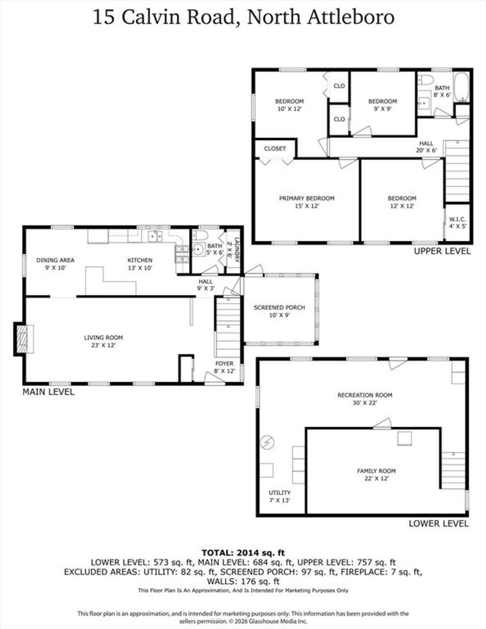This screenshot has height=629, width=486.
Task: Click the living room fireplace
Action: (x=22, y=339)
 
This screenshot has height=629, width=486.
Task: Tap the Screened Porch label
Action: (x=279, y=311)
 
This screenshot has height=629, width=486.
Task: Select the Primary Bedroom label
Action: (x=307, y=202)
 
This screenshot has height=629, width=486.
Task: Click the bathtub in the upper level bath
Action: (x=461, y=87)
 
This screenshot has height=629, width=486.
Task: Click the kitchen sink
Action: (x=155, y=236)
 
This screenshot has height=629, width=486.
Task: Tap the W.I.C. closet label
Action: (x=458, y=223)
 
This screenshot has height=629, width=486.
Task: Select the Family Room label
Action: (x=376, y=475)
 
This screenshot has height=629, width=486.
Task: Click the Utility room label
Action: (x=280, y=496)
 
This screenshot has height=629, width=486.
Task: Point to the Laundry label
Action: (x=234, y=250)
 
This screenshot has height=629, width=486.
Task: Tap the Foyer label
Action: (x=224, y=367)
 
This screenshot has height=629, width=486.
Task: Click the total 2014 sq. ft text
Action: (x=243, y=553)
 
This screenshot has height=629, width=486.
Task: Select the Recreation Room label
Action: (x=365, y=399)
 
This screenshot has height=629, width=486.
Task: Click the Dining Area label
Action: (x=55, y=264)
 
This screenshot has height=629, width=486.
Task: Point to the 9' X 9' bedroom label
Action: (x=383, y=105)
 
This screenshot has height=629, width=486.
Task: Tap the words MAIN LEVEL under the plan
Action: (x=48, y=392)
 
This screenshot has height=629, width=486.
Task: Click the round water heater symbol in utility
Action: (x=267, y=443)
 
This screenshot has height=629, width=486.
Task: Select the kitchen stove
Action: (x=182, y=254)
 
